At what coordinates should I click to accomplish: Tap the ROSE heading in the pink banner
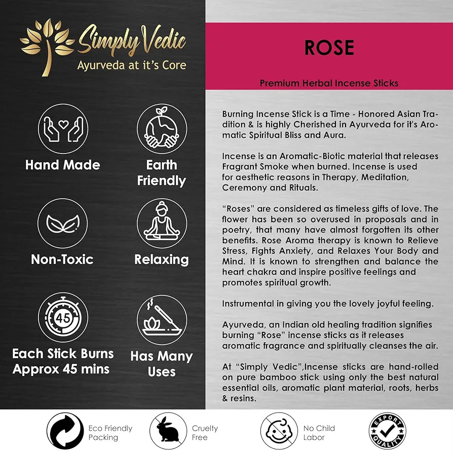[x=329, y=48]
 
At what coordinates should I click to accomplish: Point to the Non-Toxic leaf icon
[x=63, y=223]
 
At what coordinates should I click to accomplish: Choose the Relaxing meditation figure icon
[x=162, y=223]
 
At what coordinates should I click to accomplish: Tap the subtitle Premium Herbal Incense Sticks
[x=329, y=83]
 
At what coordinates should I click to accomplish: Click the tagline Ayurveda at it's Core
[x=131, y=65]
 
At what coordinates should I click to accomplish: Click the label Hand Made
[x=63, y=165]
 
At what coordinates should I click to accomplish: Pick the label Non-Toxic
[x=62, y=259]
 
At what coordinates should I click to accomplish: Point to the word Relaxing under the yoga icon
[x=162, y=259]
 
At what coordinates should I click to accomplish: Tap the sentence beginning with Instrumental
[x=328, y=304]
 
